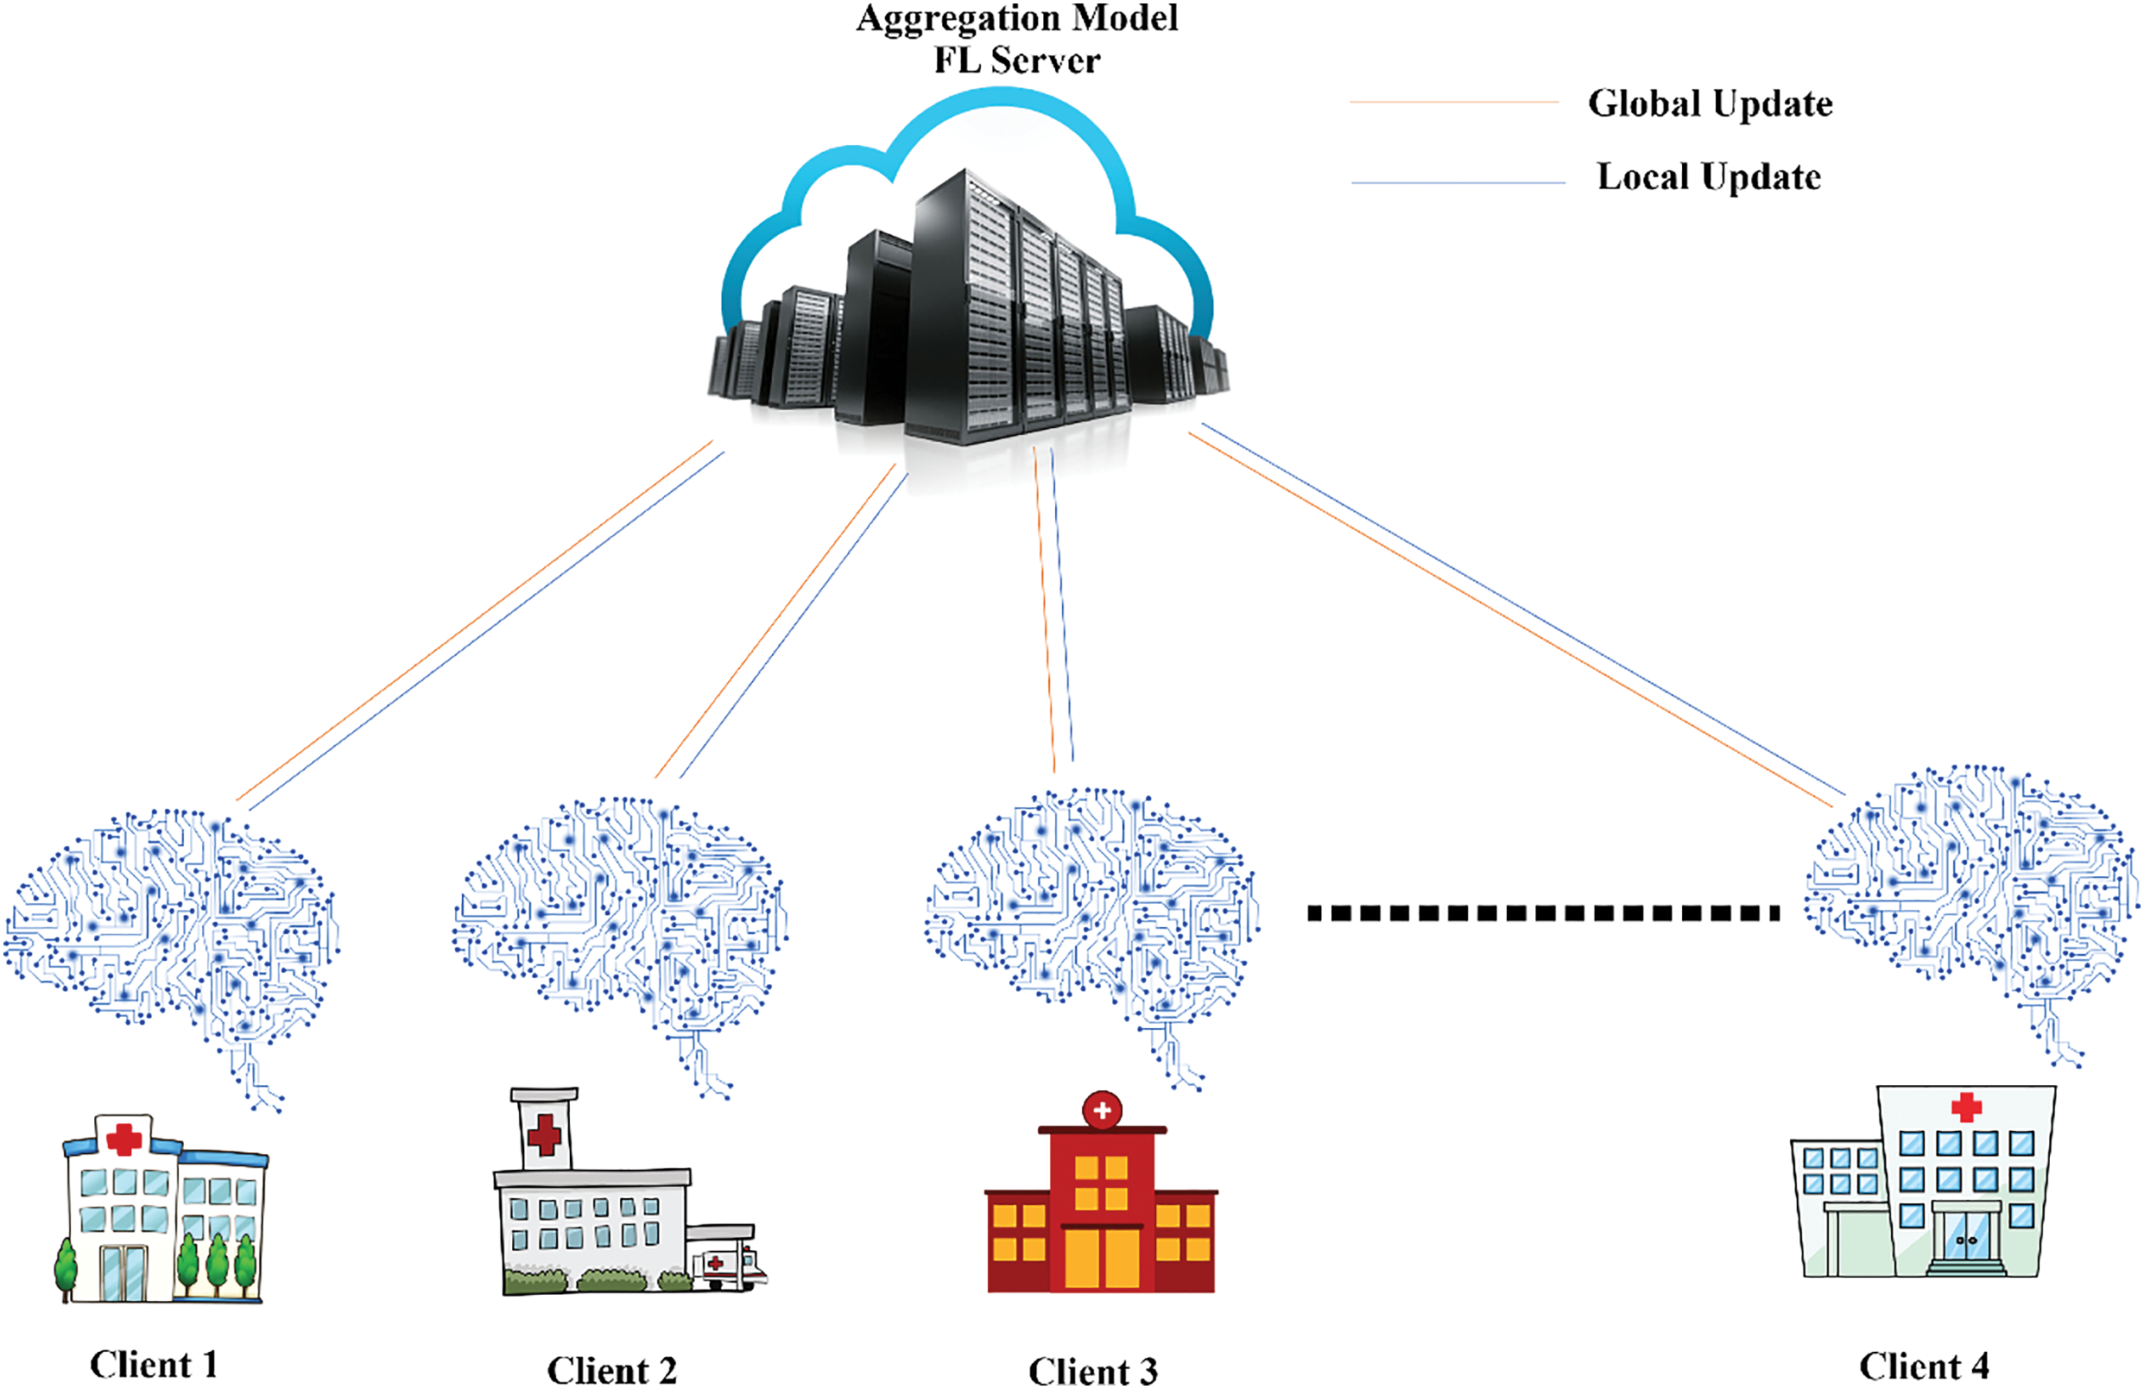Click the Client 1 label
[x=153, y=1364]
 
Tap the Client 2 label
[x=611, y=1370]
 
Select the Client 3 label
[x=1092, y=1371]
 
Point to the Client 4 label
[x=1923, y=1366]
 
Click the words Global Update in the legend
[x=1710, y=104]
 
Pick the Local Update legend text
[x=1709, y=177]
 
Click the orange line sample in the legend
[x=1454, y=103]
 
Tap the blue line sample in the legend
[x=1458, y=183]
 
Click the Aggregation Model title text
[x=1017, y=19]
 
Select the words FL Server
[x=1017, y=60]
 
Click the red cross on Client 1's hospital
[x=123, y=1139]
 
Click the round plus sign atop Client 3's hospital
[x=1102, y=1111]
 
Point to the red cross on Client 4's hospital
[x=1965, y=1107]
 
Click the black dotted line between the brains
[x=1543, y=913]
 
